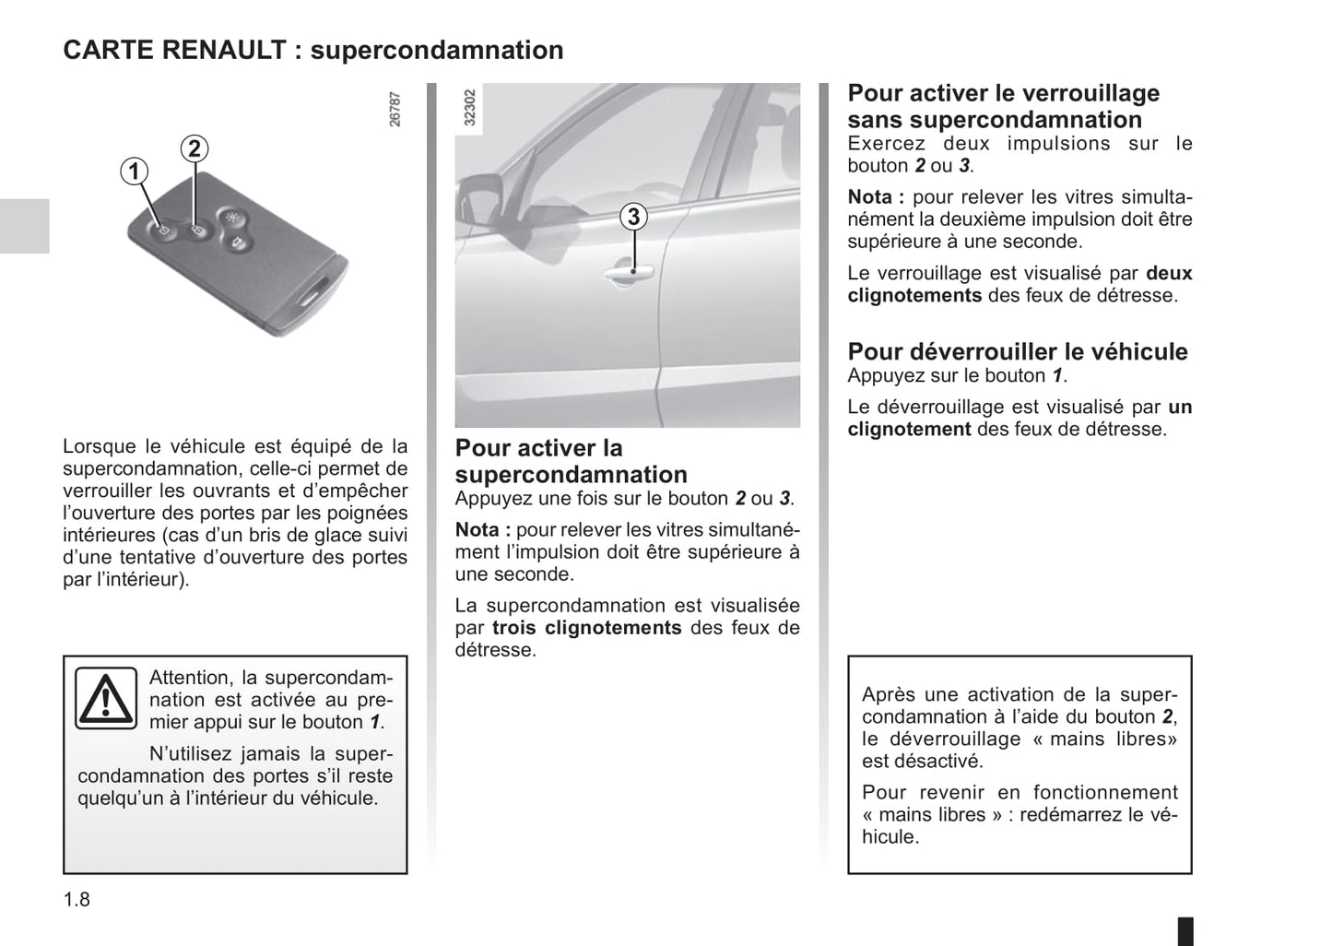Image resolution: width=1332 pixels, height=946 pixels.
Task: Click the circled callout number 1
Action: tap(134, 171)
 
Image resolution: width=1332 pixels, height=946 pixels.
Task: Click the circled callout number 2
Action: tap(194, 148)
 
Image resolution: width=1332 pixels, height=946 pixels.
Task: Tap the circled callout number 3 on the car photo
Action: tap(633, 217)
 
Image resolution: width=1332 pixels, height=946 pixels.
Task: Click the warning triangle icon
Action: tap(105, 698)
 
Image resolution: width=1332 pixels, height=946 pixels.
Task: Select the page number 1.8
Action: tap(77, 899)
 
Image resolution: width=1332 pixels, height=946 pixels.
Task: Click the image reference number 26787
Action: tap(395, 108)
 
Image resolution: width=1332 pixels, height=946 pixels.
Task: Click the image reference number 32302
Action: tap(469, 107)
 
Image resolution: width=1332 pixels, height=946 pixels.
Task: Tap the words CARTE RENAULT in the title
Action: tap(174, 50)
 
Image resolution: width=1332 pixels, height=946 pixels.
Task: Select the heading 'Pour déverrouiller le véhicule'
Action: tap(1017, 351)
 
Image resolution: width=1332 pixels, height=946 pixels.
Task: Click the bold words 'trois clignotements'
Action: tap(586, 628)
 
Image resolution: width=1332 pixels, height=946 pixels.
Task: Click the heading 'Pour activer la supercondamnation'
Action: tap(571, 461)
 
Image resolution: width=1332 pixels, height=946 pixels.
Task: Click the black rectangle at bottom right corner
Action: tap(1185, 929)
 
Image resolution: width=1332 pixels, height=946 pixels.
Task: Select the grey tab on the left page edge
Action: tap(24, 225)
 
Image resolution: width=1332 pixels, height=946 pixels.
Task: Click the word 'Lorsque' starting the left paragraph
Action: tap(99, 446)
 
